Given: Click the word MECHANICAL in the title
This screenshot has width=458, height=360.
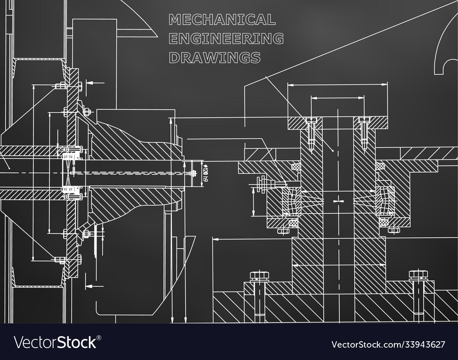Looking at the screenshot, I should coord(222,19).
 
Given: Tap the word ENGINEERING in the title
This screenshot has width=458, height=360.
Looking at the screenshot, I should coord(226,38).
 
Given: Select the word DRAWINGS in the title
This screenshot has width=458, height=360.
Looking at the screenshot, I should coord(214,58).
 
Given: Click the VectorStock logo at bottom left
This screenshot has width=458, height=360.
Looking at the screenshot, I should coord(58,343).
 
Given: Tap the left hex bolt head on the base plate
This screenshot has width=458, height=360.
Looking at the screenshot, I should coord(256,275).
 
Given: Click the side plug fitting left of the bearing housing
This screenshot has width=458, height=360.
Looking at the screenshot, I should coord(263,184).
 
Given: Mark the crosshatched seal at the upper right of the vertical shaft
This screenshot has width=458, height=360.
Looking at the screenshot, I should coord(380,165).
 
